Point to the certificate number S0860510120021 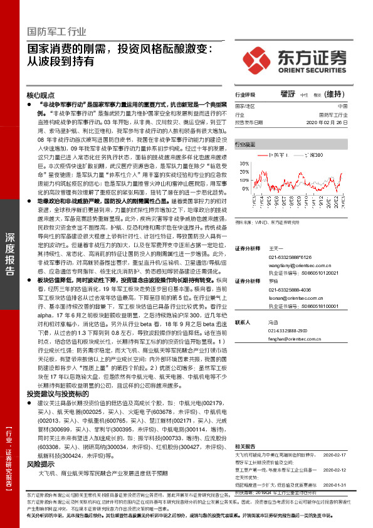tap(312, 273)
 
